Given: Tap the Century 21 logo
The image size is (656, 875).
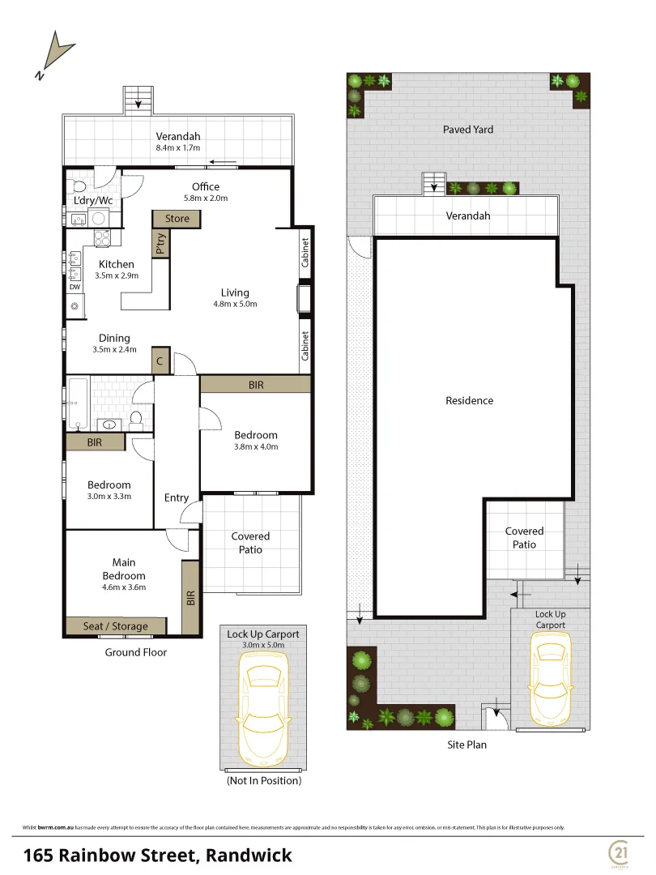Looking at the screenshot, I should (622, 852).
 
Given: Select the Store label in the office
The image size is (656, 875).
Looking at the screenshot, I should (177, 219).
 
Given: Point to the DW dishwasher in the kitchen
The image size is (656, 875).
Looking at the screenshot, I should (75, 287).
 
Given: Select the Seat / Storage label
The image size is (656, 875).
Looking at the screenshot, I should (116, 626).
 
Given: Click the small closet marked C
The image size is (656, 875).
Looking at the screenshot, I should (160, 362).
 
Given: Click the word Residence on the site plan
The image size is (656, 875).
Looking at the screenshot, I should (469, 400).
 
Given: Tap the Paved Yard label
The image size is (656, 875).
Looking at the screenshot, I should (467, 130).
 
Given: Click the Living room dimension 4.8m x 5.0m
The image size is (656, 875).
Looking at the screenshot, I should (235, 305).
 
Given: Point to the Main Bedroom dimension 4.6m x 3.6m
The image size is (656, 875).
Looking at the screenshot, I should (124, 587).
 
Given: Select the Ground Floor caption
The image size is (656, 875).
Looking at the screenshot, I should (135, 652).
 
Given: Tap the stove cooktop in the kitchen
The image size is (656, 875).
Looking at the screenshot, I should (104, 239).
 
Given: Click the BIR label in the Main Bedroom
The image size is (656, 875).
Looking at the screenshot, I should (191, 598).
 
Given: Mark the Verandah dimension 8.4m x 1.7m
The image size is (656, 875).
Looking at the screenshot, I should (178, 148).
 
